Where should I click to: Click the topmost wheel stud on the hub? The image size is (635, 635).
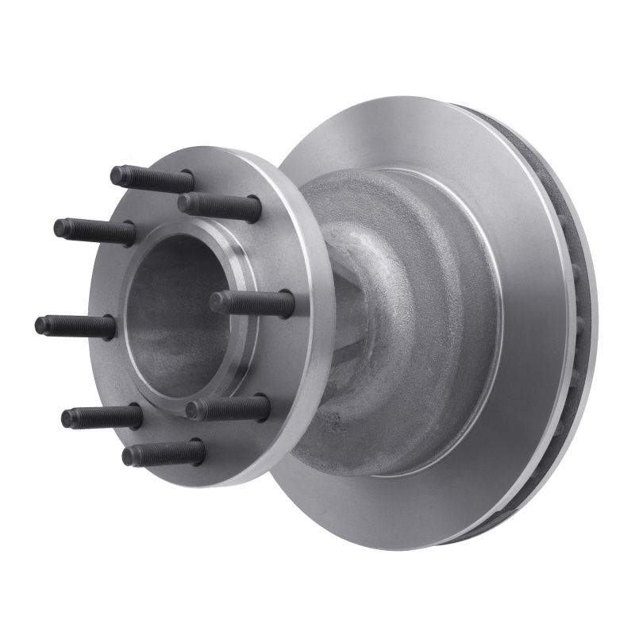[151, 177]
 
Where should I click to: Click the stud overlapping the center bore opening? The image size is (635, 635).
[252, 302]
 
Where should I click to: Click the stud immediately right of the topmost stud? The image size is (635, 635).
[218, 205]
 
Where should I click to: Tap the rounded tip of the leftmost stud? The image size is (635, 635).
[40, 324]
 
